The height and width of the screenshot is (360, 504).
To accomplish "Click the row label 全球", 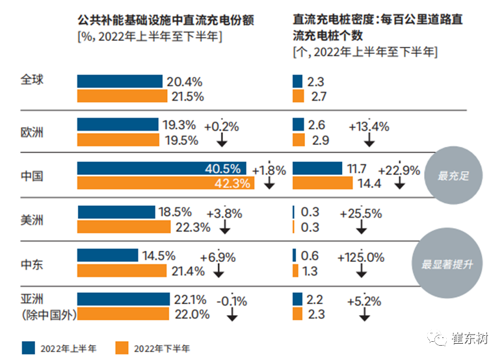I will tap(31, 81).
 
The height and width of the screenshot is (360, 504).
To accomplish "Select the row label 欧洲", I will tap(31, 132).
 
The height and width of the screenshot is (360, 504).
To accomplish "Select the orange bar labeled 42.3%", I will tap(166, 184).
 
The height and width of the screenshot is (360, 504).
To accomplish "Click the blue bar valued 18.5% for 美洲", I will tap(116, 212).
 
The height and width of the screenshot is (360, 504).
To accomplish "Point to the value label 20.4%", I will tap(185, 82).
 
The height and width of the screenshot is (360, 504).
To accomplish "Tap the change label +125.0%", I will tap(360, 257).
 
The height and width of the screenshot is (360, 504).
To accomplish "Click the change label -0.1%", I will tap(232, 301).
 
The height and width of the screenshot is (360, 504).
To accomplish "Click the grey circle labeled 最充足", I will tap(453, 175).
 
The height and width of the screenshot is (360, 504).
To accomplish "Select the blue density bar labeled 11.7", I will tap(317, 168).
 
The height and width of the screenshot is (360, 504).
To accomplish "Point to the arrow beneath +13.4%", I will tap(369, 140).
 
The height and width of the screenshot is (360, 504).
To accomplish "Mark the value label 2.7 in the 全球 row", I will tap(319, 97).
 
